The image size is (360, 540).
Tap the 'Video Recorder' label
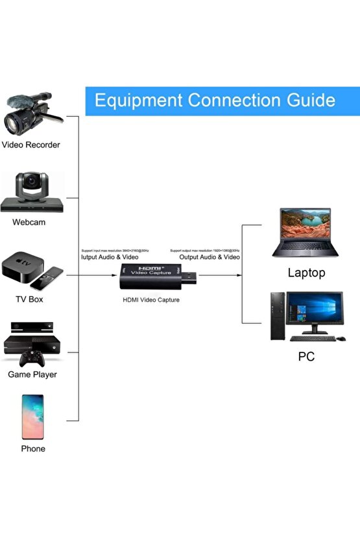click(31, 145)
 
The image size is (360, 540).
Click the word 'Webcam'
click(29, 222)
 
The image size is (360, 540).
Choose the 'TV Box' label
click(29, 299)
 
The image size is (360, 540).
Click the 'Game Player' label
click(32, 374)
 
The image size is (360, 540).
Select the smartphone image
click(32, 417)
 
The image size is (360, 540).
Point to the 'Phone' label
click(32, 448)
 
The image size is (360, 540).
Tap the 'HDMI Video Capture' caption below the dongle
click(151, 300)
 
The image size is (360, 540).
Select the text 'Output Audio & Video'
click(210, 257)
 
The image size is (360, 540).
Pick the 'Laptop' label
click(306, 273)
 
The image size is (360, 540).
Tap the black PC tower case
click(277, 317)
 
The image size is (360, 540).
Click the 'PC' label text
click(306, 356)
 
